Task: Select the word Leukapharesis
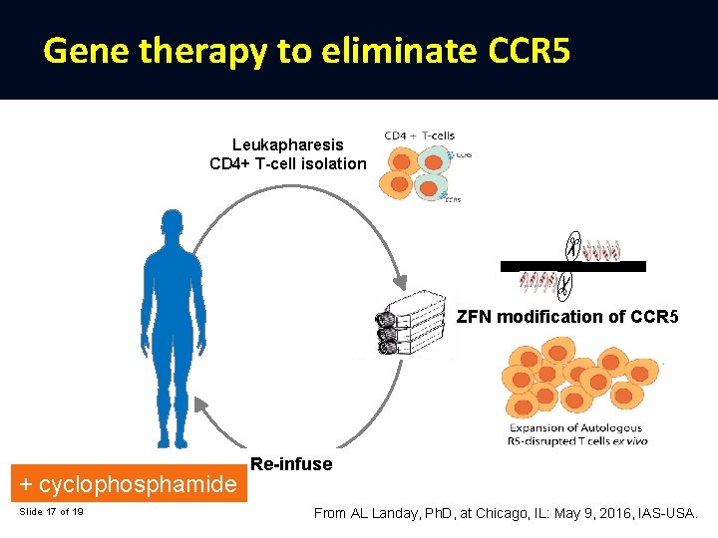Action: pos(287,145)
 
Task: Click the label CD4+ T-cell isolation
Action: pos(287,163)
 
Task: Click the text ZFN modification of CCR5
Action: pos(567,318)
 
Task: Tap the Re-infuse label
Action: pos(291,464)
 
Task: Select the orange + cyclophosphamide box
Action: pos(129,485)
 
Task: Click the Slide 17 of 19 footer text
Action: pos(51,512)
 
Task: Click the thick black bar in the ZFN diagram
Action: pos(572,266)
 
